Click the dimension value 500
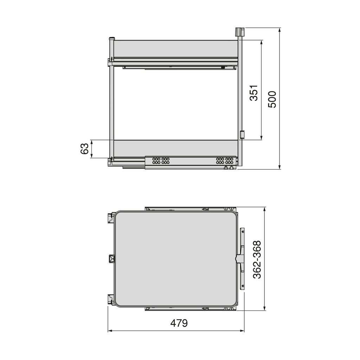[272, 99]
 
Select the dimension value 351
[254, 93]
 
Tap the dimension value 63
[84, 149]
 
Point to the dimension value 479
[179, 323]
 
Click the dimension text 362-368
[257, 259]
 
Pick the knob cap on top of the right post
[239, 32]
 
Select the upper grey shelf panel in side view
[176, 49]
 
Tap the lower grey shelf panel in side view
[176, 149]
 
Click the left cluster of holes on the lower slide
[161, 161]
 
